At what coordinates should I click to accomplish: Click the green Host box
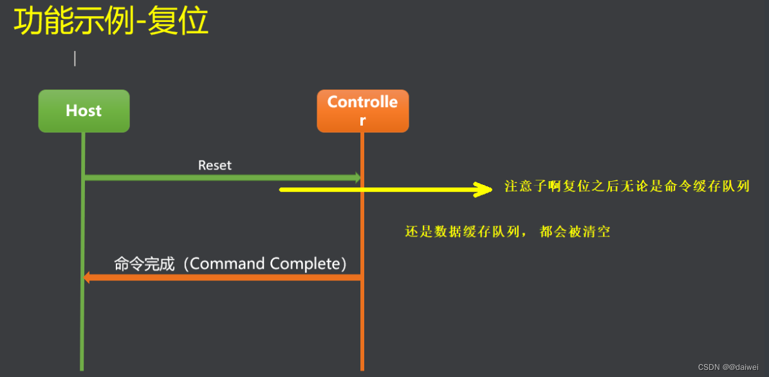[84, 111]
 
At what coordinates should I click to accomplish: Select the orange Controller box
[362, 111]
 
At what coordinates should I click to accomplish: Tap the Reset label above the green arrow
[215, 165]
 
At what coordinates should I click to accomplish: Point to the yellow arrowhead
[483, 189]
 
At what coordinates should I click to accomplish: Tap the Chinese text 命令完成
[144, 264]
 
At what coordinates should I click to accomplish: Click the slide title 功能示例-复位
[111, 22]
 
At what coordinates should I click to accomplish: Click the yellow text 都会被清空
[575, 232]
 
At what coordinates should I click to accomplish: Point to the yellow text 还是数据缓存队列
[461, 232]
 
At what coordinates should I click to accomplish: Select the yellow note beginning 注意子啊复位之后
[627, 187]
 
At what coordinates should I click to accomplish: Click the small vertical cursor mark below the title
[75, 59]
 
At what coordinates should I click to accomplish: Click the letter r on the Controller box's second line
[362, 121]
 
